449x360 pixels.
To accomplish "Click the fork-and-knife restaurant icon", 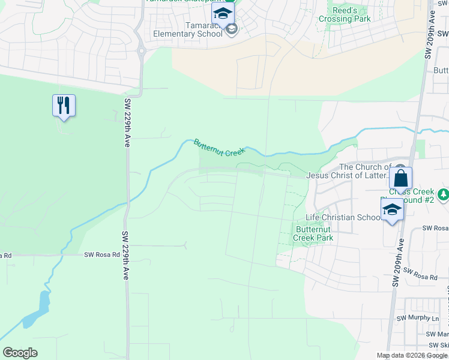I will coord(63,106).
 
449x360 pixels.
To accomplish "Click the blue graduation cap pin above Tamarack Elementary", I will coord(223,14).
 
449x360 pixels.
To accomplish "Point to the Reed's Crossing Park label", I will coord(344,14).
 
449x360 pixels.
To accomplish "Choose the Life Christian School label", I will coord(342,217).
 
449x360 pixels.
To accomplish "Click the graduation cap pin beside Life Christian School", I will coord(392,210).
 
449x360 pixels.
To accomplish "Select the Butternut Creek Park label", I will coord(313,233).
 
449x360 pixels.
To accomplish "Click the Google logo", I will coord(20,353).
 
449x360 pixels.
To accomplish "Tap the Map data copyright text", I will coord(412,355).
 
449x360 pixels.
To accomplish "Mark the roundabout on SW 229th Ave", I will coord(142,51).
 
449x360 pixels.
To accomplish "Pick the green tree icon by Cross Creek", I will coord(443,194).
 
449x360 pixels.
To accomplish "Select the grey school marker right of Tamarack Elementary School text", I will coord(232,29).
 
